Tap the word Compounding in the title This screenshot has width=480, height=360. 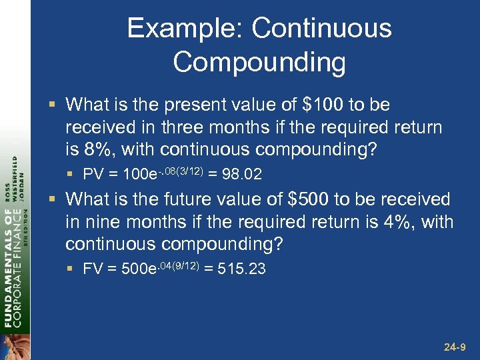click(x=259, y=63)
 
